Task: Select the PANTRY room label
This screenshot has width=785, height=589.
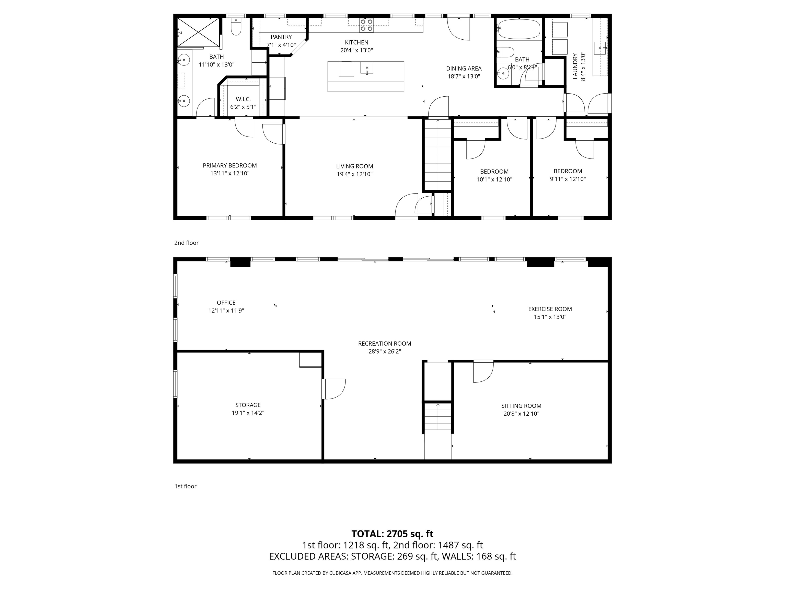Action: (281, 37)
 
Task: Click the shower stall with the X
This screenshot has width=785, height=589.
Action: (198, 32)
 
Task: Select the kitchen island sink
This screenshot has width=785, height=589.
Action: (367, 68)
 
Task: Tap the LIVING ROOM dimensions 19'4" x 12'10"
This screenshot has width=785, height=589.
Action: (354, 174)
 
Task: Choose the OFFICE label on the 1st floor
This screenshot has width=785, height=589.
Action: (226, 302)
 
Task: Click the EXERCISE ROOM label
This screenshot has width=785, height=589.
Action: (550, 309)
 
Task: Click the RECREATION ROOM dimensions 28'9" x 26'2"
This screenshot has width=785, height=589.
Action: (384, 352)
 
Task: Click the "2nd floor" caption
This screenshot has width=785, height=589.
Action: (186, 243)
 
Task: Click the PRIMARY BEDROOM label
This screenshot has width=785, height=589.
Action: (230, 165)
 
